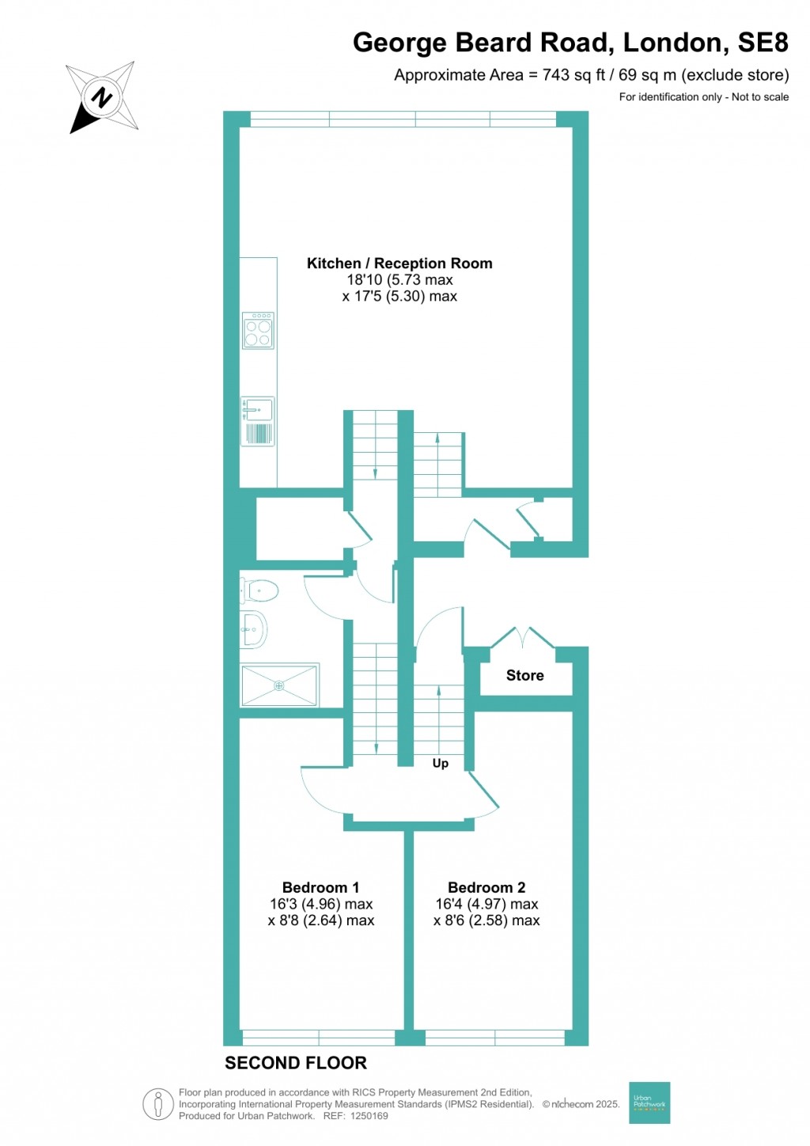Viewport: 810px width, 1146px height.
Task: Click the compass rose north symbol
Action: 102,97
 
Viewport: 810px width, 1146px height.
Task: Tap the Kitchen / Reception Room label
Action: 399,264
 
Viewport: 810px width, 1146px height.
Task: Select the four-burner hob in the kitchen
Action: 259,331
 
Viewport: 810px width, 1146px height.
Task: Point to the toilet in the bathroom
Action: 259,590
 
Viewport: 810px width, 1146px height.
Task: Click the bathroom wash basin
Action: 254,630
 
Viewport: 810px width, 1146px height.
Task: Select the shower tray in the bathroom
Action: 279,685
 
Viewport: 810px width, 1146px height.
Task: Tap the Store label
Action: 525,675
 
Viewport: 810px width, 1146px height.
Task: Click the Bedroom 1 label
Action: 320,887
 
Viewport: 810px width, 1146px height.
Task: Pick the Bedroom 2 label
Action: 486,887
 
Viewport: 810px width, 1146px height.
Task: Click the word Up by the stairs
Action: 441,763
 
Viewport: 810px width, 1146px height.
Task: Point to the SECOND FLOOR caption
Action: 296,1063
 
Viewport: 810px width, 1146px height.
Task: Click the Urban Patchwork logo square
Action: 649,1102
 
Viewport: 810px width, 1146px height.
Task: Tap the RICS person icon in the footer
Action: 158,1104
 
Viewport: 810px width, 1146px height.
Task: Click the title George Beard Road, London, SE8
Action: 570,43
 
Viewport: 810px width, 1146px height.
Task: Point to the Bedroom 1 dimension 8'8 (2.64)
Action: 321,920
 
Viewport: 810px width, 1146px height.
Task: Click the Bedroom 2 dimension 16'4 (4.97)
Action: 486,904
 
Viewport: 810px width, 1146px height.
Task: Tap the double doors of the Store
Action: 523,637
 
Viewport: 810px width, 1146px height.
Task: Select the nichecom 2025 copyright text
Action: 581,1104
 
